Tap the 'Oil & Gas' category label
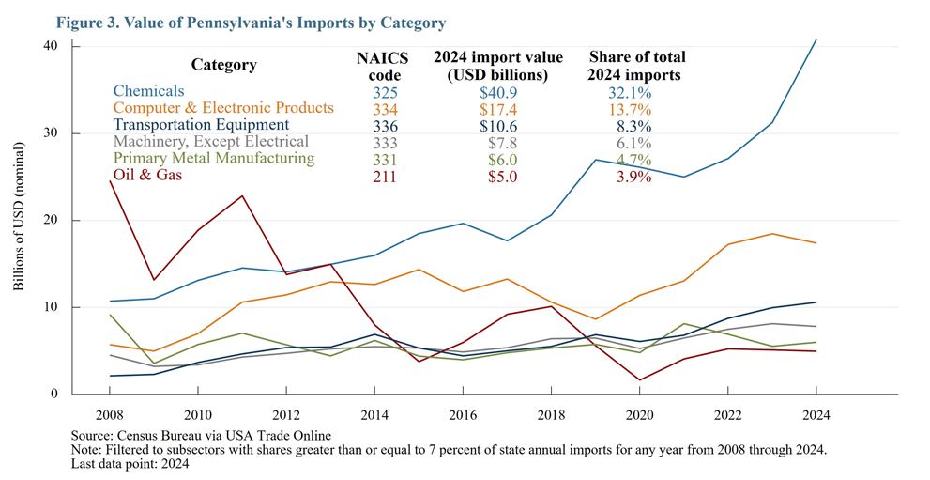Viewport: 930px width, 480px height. pos(147,176)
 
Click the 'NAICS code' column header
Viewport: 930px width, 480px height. pos(379,66)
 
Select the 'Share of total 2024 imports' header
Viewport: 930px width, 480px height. pos(636,66)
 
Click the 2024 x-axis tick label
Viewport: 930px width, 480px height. pos(816,414)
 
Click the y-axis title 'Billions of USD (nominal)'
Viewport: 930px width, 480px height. pos(20,217)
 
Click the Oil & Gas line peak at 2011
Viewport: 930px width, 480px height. pos(243,195)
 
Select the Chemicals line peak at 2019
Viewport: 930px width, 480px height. pos(595,160)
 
